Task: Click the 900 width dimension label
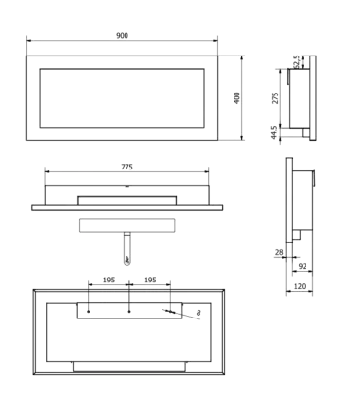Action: point(122,35)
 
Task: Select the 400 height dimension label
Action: point(237,97)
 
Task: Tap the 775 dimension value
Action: point(126,167)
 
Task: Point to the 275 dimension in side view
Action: point(275,98)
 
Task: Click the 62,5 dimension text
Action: point(296,61)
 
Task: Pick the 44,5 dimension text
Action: point(274,132)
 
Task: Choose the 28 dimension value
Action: point(279,252)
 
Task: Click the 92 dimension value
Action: point(303,266)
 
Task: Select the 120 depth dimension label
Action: point(300,286)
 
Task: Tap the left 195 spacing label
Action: point(109,280)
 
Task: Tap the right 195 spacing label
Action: point(150,280)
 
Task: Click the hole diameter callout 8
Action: point(198,313)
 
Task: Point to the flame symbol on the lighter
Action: point(127,260)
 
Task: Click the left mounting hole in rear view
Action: point(89,312)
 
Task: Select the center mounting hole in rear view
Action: point(129,312)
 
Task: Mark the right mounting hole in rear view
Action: point(170,312)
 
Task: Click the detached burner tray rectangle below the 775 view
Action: point(127,225)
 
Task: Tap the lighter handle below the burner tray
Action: point(127,248)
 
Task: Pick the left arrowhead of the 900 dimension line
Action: point(29,41)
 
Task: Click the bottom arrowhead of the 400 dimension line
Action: point(242,138)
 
